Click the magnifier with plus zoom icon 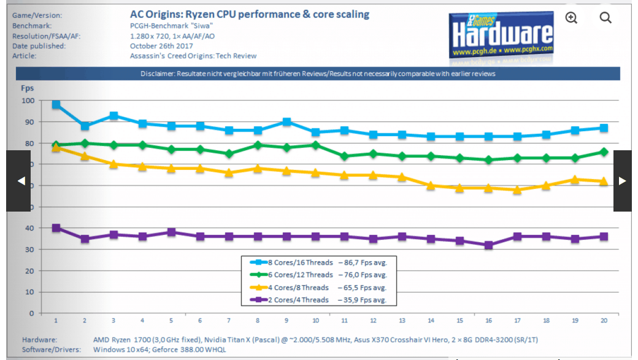pyautogui.click(x=571, y=18)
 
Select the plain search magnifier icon pyautogui.click(x=605, y=18)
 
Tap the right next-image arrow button pyautogui.click(x=622, y=181)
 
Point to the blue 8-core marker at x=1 pyautogui.click(x=56, y=104)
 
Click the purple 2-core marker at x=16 pyautogui.click(x=488, y=245)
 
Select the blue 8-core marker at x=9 pyautogui.click(x=286, y=121)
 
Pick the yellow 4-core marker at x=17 pyautogui.click(x=517, y=190)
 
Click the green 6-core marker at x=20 pyautogui.click(x=604, y=151)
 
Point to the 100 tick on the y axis pyautogui.click(x=28, y=100)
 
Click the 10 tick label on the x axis pyautogui.click(x=315, y=321)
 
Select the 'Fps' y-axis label pyautogui.click(x=28, y=88)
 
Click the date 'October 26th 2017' pyautogui.click(x=161, y=46)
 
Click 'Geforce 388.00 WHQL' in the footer pyautogui.click(x=191, y=350)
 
